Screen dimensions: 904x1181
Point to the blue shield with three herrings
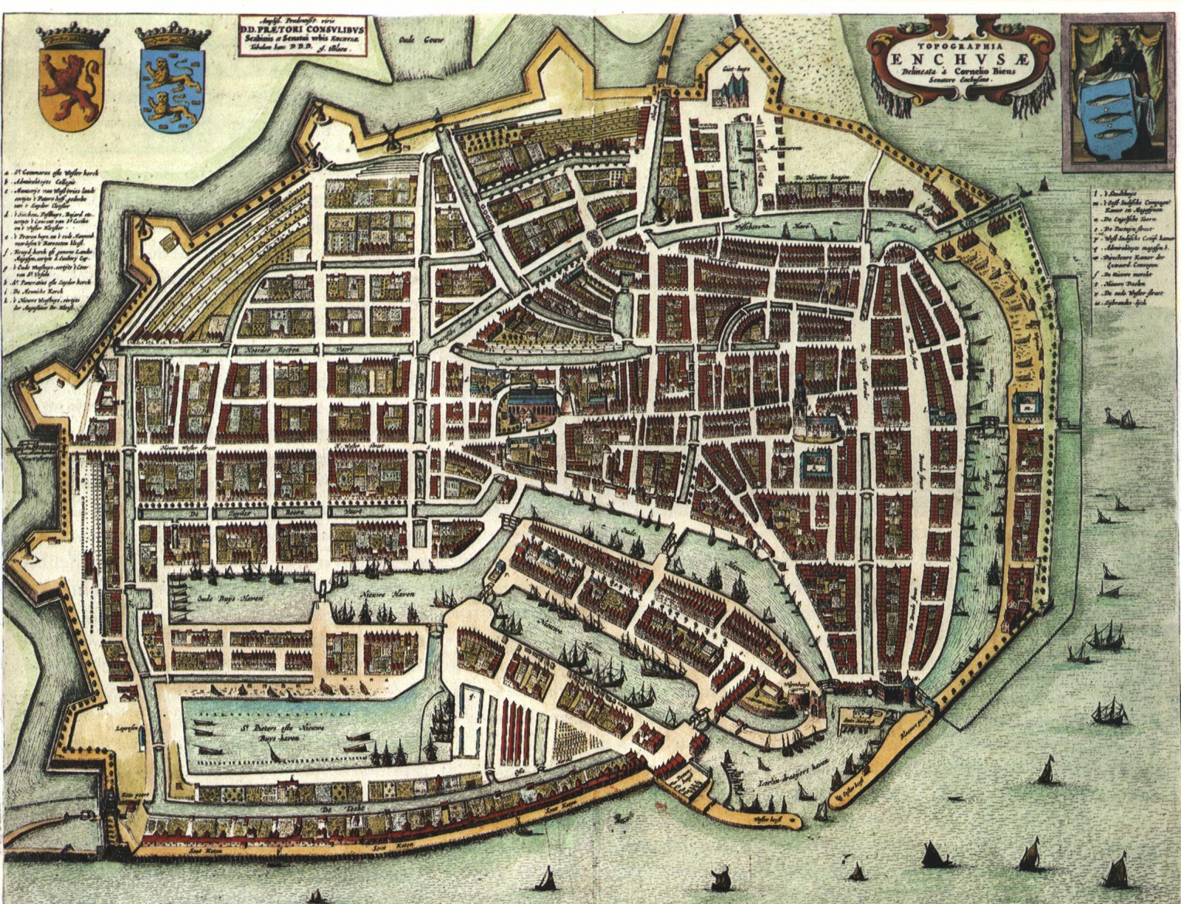point(1107,118)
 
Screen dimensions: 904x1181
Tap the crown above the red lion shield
point(72,37)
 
